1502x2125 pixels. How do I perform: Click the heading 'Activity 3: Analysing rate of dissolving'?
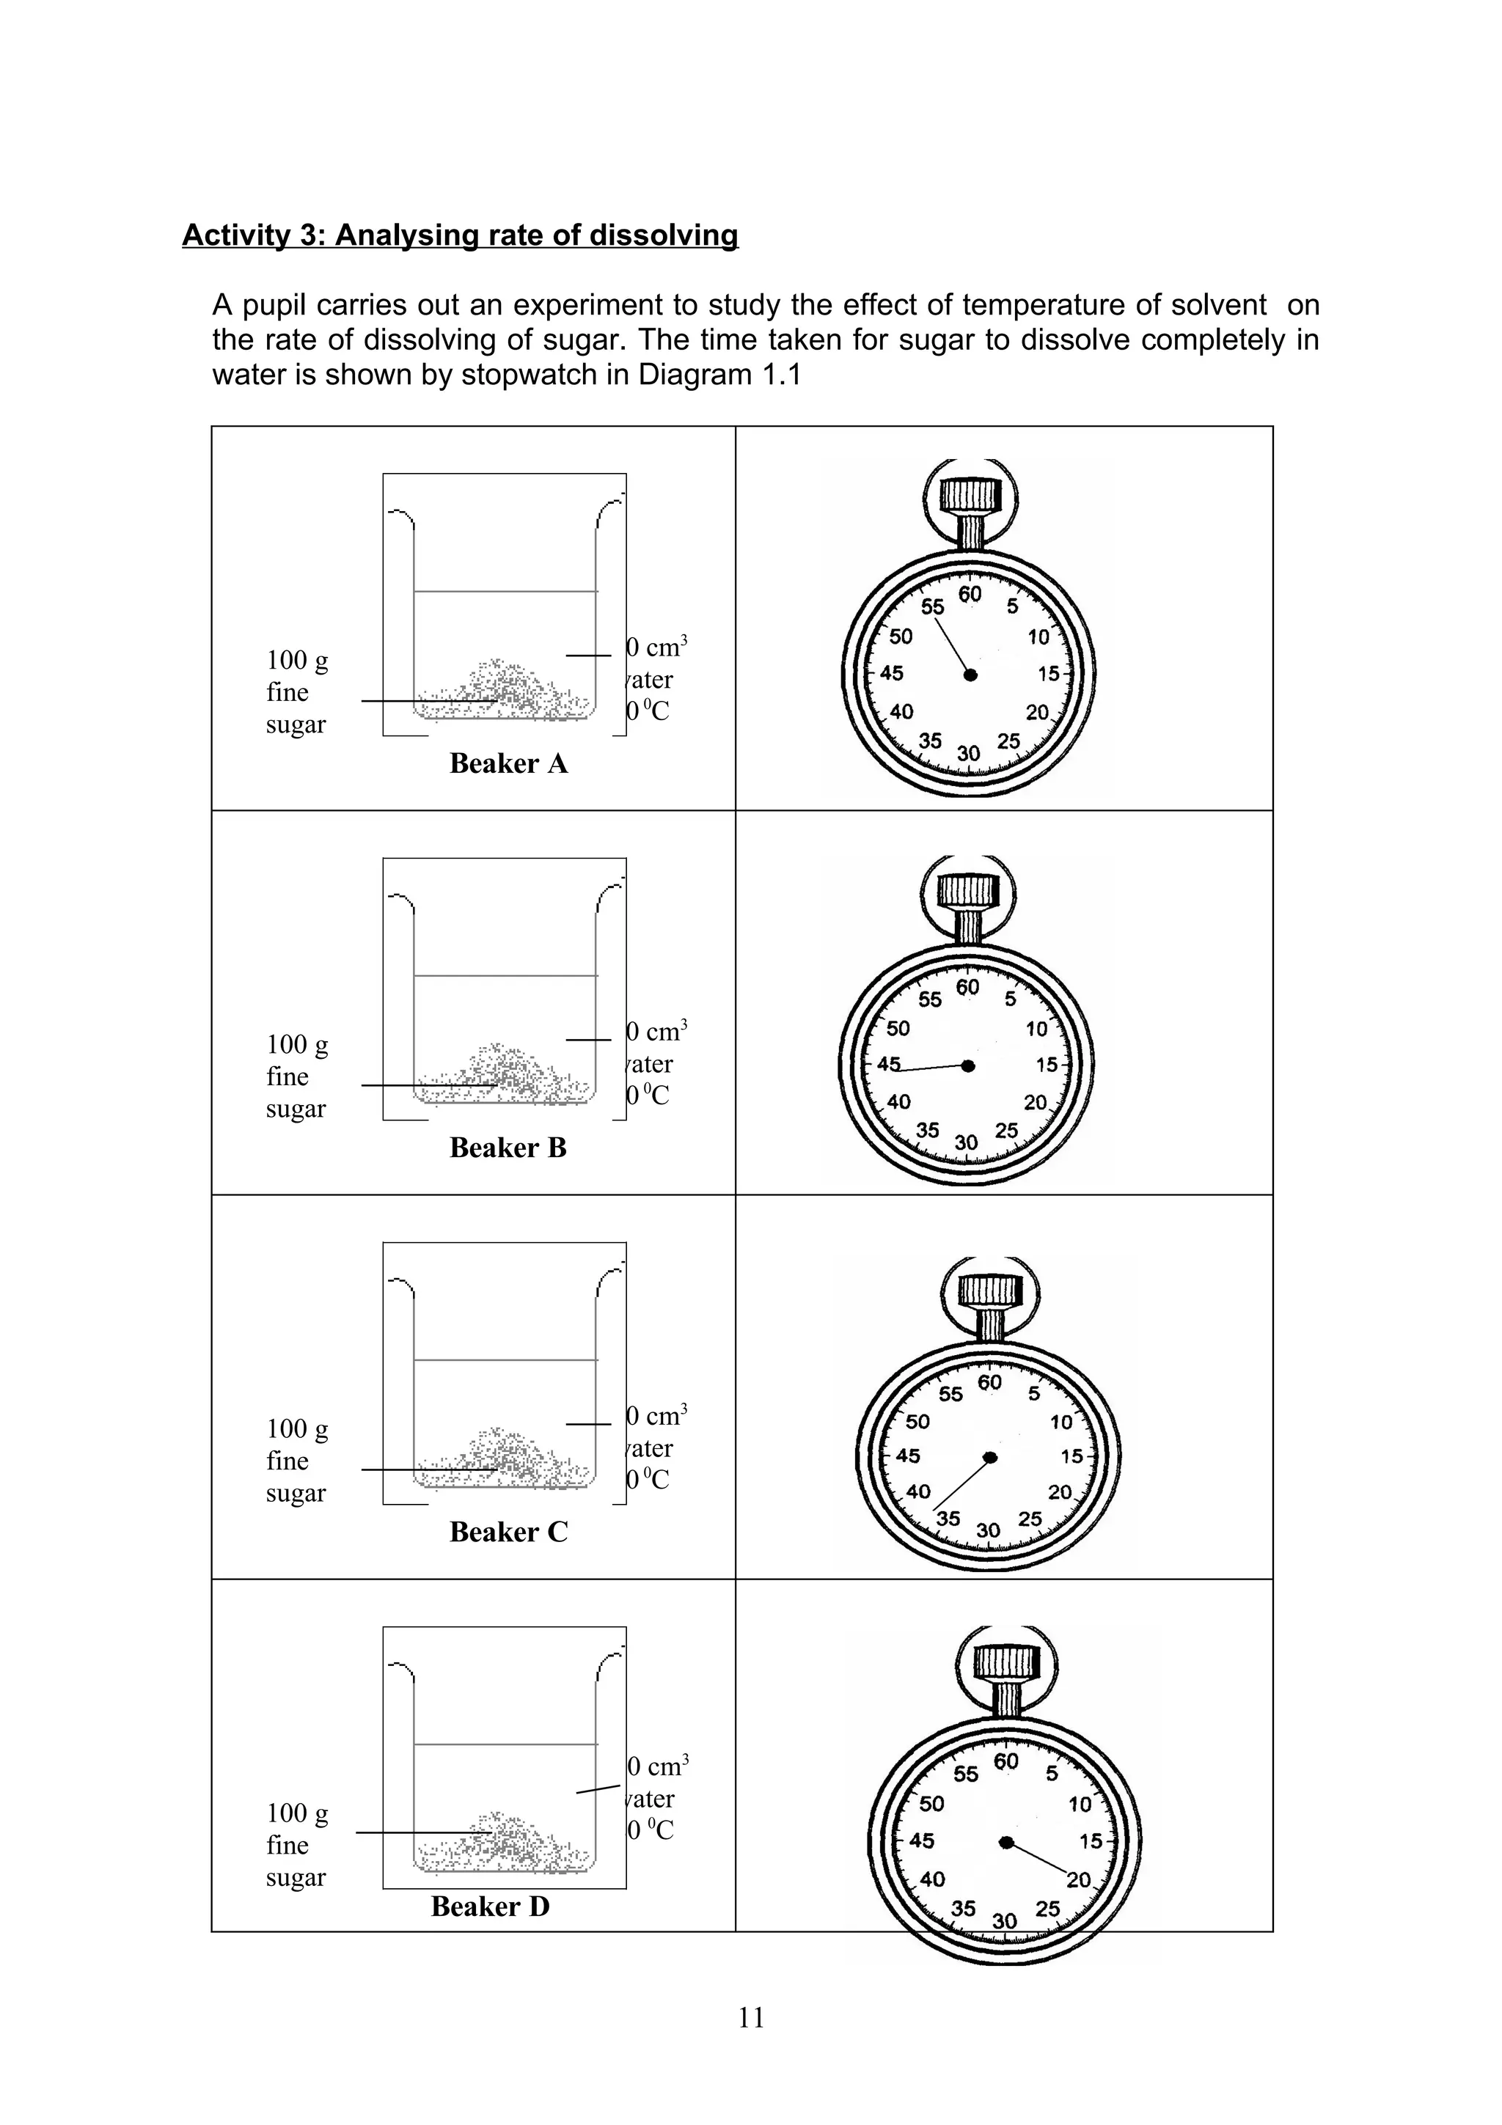460,235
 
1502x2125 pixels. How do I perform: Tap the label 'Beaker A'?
508,763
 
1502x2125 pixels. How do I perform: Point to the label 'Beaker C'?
508,1532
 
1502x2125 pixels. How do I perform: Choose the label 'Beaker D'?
490,1906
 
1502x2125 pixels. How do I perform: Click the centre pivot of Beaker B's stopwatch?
968,1065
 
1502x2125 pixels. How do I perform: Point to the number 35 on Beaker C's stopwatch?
948,1519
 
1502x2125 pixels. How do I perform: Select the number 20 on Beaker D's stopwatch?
1079,1880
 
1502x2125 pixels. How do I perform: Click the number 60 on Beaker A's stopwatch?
970,594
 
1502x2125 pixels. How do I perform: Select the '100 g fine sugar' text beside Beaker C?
296,1461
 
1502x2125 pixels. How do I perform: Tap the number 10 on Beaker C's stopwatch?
1061,1423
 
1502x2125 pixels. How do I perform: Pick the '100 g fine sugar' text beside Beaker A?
296,692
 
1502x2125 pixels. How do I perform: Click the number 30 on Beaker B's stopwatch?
966,1143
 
